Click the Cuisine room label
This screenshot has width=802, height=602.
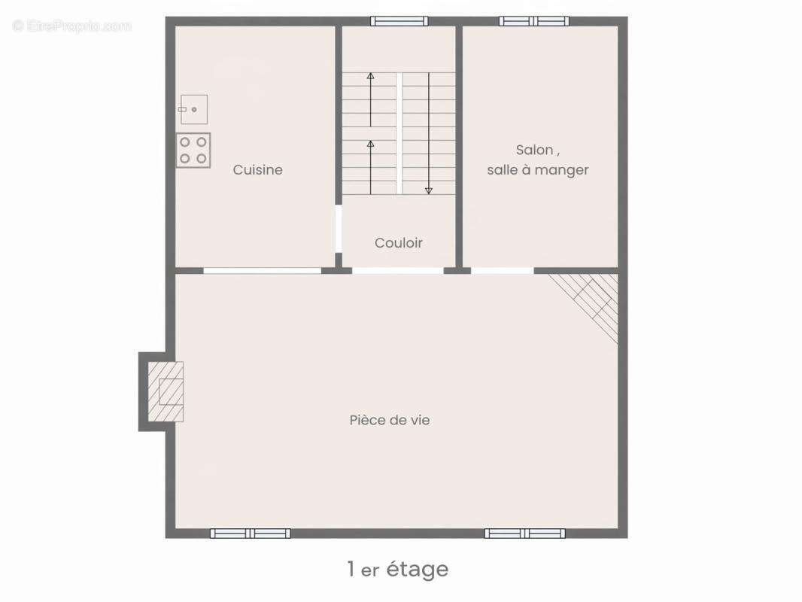pyautogui.click(x=258, y=170)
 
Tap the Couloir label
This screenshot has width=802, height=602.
pyautogui.click(x=399, y=243)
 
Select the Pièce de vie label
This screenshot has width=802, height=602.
pyautogui.click(x=390, y=420)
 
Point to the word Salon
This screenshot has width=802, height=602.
pyautogui.click(x=534, y=150)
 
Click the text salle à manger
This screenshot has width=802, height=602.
pyautogui.click(x=538, y=170)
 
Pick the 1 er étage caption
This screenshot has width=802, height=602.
pyautogui.click(x=398, y=569)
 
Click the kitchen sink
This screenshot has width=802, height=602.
pyautogui.click(x=194, y=109)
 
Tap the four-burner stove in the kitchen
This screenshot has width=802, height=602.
pyautogui.click(x=193, y=150)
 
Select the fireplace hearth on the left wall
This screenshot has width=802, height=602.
pyautogui.click(x=166, y=392)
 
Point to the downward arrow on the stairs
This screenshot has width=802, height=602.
pyautogui.click(x=429, y=133)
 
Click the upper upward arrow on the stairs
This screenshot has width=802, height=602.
pyautogui.click(x=370, y=100)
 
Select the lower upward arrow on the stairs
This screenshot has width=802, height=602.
pyautogui.click(x=370, y=167)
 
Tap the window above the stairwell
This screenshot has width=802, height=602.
pyautogui.click(x=399, y=21)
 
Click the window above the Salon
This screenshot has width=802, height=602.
pyautogui.click(x=534, y=21)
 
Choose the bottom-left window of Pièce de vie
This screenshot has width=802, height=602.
pyautogui.click(x=250, y=534)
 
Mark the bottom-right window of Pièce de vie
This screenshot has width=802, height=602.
pyautogui.click(x=525, y=534)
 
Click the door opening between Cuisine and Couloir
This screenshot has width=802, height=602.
pyautogui.click(x=338, y=229)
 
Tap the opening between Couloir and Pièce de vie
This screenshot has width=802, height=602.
pyautogui.click(x=398, y=271)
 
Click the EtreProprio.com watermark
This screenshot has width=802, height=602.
pyautogui.click(x=72, y=26)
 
